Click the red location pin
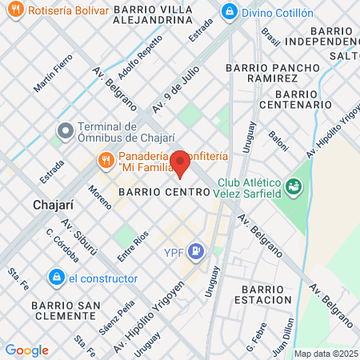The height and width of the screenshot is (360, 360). coord(180,163)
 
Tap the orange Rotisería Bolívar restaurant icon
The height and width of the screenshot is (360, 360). coord(12,12)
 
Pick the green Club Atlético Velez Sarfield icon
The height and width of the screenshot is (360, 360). coord(295,187)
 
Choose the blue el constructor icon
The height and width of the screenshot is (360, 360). coord(56,278)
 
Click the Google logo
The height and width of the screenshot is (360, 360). coord(26,350)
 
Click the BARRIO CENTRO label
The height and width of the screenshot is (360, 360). coord(163,193)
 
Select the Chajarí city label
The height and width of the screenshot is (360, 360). coord(54,205)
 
